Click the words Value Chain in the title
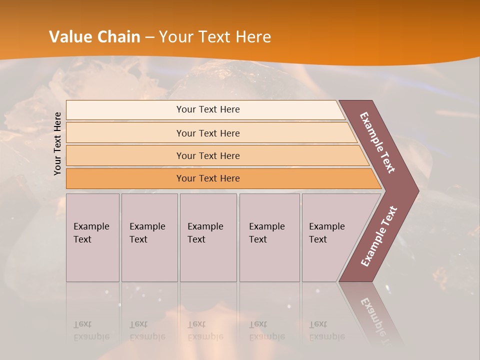pyautogui.click(x=94, y=37)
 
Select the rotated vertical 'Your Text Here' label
pyautogui.click(x=57, y=143)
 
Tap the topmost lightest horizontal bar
pyautogui.click(x=207, y=109)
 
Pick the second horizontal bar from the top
pyautogui.click(x=207, y=133)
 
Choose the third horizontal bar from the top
pyautogui.click(x=207, y=155)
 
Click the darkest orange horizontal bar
pyautogui.click(x=207, y=178)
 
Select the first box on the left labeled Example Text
pyautogui.click(x=92, y=237)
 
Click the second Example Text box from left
pyautogui.click(x=149, y=237)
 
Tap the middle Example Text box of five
pyautogui.click(x=208, y=237)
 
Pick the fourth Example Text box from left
pyautogui.click(x=269, y=237)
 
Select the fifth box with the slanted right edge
pyautogui.click(x=330, y=237)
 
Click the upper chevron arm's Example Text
pyautogui.click(x=377, y=142)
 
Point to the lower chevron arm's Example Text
pyautogui.click(x=379, y=236)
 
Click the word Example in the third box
pyautogui.click(x=205, y=226)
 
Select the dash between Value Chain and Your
pyautogui.click(x=149, y=37)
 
